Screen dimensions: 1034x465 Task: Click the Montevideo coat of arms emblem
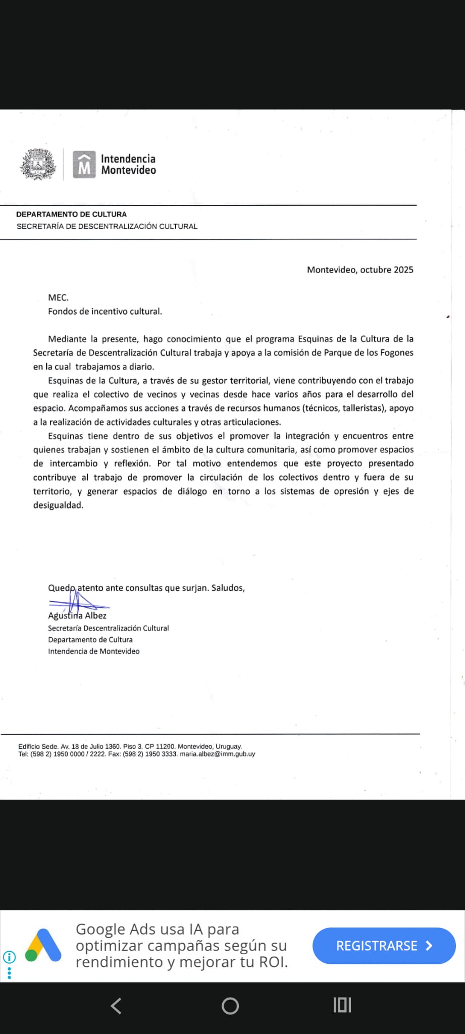click(x=37, y=164)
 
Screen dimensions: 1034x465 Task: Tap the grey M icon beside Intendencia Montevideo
click(x=84, y=165)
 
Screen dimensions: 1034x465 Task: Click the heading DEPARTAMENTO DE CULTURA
click(x=71, y=214)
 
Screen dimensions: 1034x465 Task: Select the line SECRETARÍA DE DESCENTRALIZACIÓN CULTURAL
click(x=107, y=226)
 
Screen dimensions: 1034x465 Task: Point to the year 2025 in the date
click(x=403, y=270)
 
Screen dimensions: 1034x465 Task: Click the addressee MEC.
click(x=58, y=298)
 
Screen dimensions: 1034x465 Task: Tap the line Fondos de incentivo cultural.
click(x=105, y=312)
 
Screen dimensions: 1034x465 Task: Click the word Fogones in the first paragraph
click(x=396, y=353)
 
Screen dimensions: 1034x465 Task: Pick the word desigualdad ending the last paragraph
click(x=58, y=505)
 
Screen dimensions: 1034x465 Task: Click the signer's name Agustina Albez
click(x=77, y=615)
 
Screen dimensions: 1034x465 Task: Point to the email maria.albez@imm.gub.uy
click(x=218, y=754)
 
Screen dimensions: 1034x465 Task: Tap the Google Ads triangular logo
click(x=43, y=945)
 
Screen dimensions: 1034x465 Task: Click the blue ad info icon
click(x=9, y=957)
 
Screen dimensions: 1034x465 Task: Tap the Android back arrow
click(x=116, y=1006)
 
